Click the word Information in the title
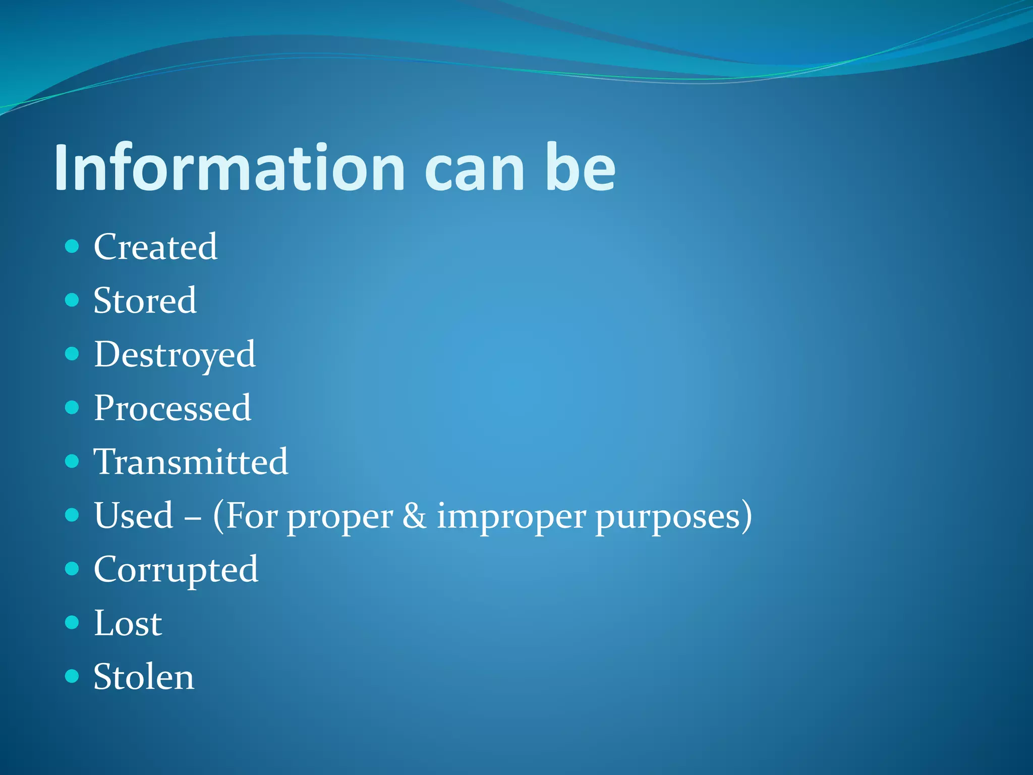click(229, 168)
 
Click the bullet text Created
click(155, 247)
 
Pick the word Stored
click(145, 301)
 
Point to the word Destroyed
click(175, 355)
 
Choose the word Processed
click(172, 408)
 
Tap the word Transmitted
click(191, 462)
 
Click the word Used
click(134, 516)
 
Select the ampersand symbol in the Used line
click(414, 516)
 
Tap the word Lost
click(128, 624)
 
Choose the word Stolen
click(144, 677)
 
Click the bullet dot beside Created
click(72, 246)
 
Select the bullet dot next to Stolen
click(72, 676)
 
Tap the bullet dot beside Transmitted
click(72, 461)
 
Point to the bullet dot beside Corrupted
click(72, 569)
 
